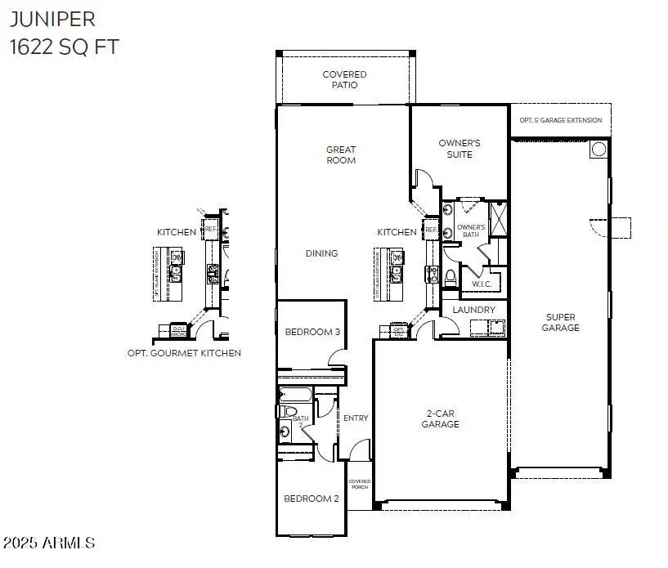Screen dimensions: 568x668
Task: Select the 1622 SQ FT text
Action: [64, 47]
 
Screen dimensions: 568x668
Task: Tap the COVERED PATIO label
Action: [344, 79]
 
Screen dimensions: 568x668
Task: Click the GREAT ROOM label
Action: [341, 154]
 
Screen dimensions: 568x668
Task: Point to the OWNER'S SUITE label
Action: [460, 148]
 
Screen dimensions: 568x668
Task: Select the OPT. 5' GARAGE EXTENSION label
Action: [561, 120]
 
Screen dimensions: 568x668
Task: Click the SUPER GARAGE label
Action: [561, 322]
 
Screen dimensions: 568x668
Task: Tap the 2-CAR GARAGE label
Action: [440, 418]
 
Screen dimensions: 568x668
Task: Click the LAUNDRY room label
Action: [473, 310]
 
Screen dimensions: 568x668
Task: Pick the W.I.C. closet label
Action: [481, 284]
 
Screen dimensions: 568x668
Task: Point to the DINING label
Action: [321, 253]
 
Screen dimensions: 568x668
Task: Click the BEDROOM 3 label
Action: [312, 332]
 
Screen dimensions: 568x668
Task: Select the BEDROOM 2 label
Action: [312, 499]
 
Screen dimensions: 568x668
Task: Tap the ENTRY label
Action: [356, 418]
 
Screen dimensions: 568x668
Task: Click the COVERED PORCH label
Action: [360, 484]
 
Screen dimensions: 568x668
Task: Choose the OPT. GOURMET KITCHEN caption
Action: [184, 353]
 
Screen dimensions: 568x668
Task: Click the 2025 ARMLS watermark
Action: [49, 543]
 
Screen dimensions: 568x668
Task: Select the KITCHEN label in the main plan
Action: [397, 232]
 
